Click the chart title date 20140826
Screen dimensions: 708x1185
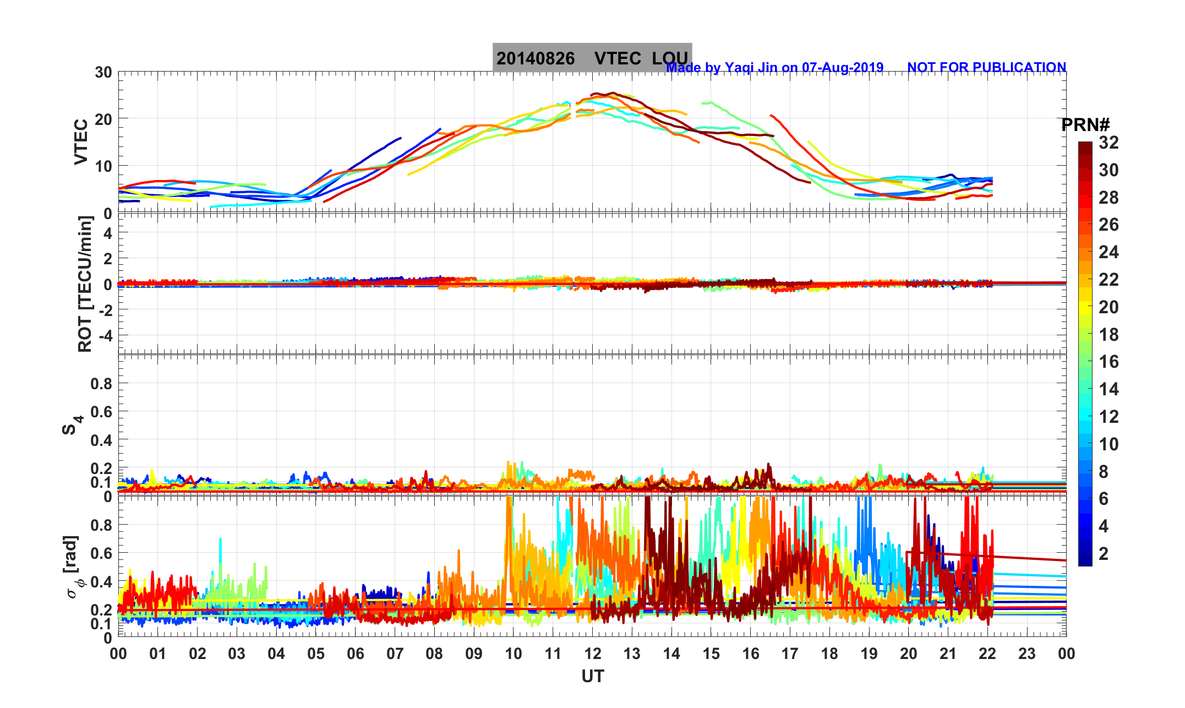[536, 58]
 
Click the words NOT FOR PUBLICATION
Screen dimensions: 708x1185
[986, 67]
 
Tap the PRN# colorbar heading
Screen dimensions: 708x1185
[1085, 125]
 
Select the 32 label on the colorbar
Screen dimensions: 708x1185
[1108, 143]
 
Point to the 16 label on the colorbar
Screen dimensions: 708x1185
[1108, 362]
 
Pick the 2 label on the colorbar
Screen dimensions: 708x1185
[1103, 553]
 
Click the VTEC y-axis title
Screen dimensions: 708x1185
[81, 141]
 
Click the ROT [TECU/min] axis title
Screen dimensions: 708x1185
[85, 284]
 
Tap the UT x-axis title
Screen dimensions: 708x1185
[592, 676]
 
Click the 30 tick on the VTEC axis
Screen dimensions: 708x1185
[103, 72]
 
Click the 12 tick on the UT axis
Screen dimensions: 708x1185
[592, 653]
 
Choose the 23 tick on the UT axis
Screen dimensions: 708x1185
[1026, 653]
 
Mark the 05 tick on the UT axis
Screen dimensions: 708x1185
[316, 653]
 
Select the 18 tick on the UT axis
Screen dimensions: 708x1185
[829, 653]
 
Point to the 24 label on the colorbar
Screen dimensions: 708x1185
[1108, 252]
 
